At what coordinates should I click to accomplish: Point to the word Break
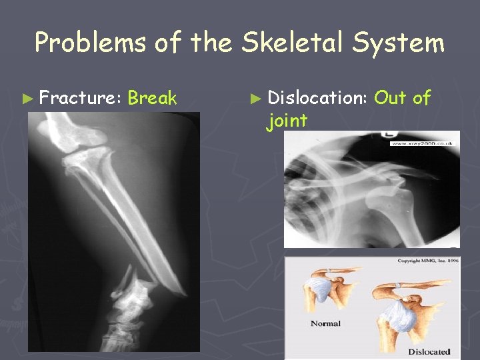(152, 99)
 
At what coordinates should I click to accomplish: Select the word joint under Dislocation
(287, 121)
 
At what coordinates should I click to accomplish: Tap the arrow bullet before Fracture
(27, 99)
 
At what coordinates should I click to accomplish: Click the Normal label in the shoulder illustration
(325, 323)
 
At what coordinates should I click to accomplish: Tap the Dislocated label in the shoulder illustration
(429, 351)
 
